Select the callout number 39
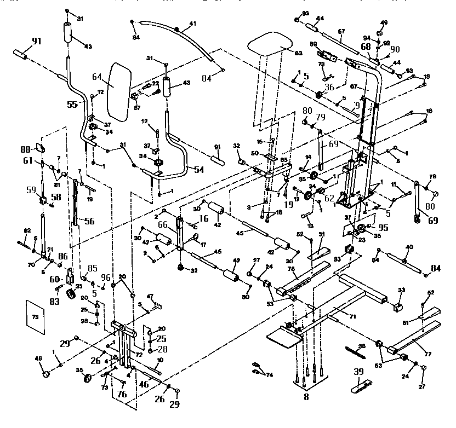[360, 373]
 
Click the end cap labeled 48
[46, 374]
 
